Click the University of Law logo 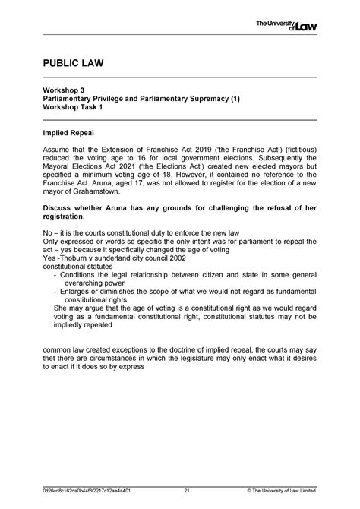(x=286, y=26)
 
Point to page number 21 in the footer (x=186, y=489)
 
